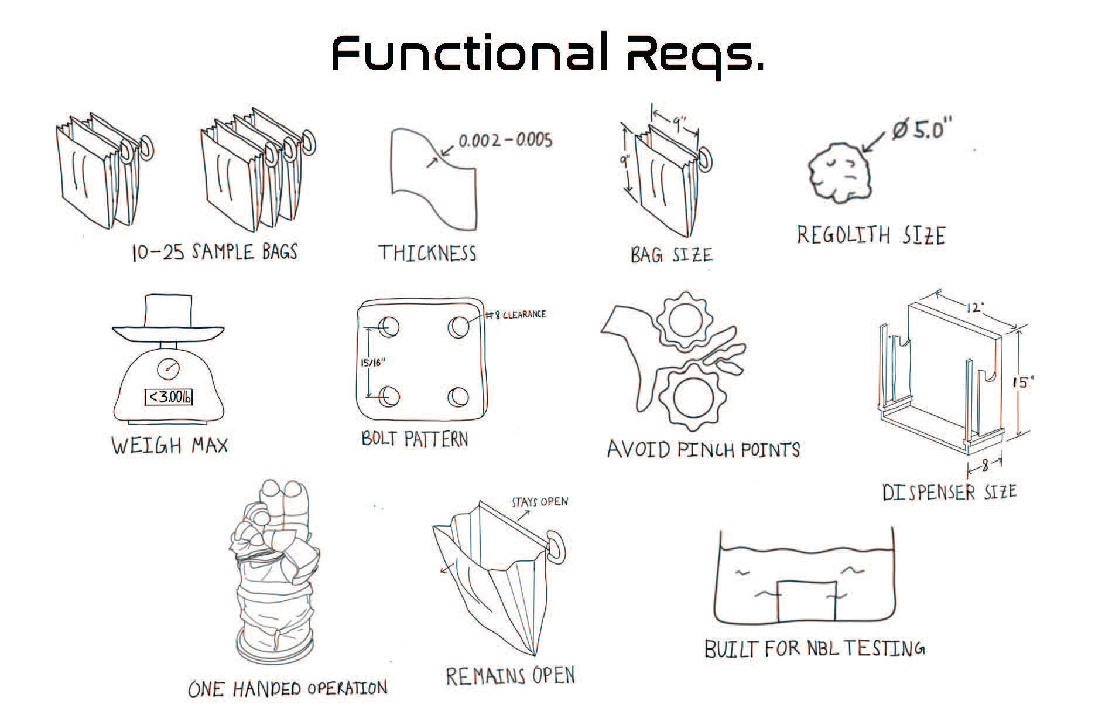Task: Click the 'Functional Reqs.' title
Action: (547, 54)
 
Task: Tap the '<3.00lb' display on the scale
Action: (169, 397)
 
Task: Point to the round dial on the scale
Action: (169, 368)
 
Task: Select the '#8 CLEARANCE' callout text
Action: (516, 315)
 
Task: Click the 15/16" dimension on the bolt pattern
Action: (372, 363)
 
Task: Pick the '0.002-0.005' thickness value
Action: (505, 141)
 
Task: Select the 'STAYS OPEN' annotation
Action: (539, 502)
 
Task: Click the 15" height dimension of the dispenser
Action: (1024, 382)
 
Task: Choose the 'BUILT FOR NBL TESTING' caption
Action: (814, 649)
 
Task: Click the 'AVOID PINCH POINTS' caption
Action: (703, 449)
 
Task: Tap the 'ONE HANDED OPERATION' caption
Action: (288, 688)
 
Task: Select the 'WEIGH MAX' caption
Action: (169, 446)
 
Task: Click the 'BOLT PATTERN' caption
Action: (415, 439)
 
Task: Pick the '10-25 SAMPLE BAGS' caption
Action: (215, 252)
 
